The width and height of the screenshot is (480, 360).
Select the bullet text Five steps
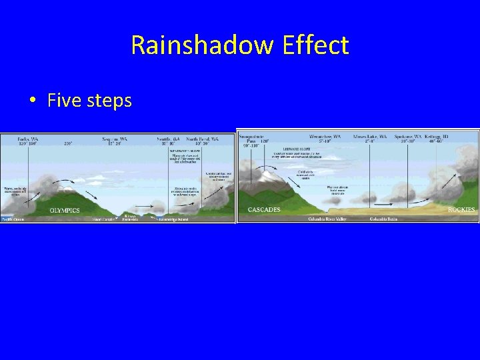click(90, 101)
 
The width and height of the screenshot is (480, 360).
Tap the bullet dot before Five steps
click(32, 101)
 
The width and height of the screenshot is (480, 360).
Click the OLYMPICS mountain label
click(64, 210)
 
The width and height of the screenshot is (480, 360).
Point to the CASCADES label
click(264, 209)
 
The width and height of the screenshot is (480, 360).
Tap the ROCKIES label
click(461, 209)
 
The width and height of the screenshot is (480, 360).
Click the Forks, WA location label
click(26, 139)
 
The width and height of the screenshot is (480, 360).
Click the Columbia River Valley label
click(333, 218)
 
